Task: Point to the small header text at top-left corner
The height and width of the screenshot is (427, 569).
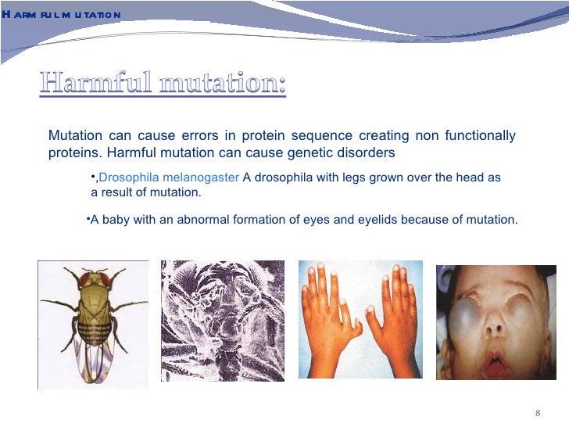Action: point(61,15)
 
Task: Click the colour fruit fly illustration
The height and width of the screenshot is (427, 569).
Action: point(93,322)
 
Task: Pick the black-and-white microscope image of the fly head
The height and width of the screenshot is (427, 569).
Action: point(222,321)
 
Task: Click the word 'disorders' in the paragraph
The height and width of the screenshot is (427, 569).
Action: point(370,152)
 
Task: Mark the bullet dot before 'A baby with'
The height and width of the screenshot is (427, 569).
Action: point(88,218)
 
